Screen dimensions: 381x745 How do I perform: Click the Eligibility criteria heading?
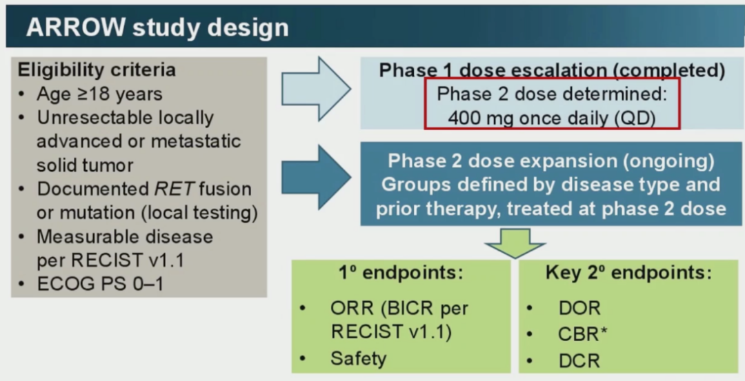coord(97,70)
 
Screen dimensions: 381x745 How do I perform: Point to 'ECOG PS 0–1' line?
coord(100,284)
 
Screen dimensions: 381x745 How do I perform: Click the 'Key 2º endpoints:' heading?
coord(628,273)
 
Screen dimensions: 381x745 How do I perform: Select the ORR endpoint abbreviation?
coord(350,308)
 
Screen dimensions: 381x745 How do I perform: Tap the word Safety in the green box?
coord(359,358)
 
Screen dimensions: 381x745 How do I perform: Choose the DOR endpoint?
coord(579,308)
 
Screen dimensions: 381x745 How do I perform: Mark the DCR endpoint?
coord(579,360)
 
